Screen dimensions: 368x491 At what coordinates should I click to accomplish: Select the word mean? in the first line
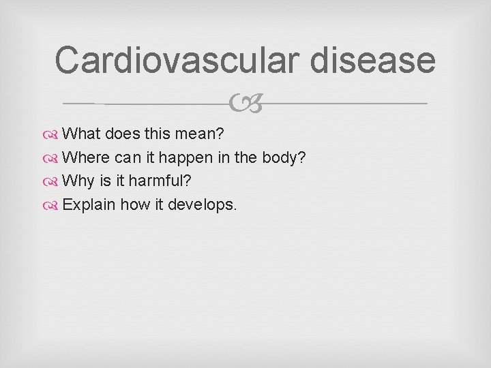(211, 132)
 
